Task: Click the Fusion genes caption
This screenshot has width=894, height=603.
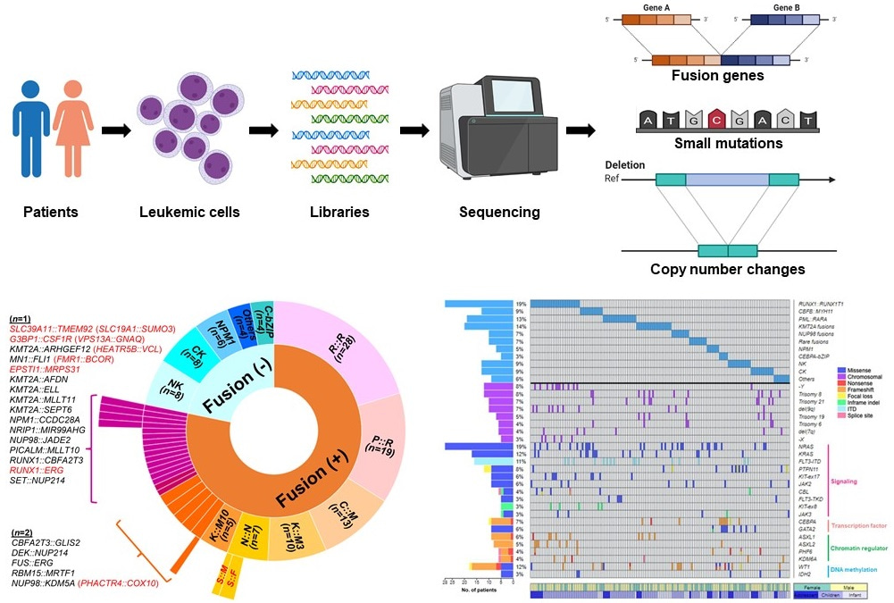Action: [x=718, y=76]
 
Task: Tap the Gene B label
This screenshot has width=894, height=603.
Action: [x=761, y=5]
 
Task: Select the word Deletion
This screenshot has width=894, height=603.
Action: [x=625, y=166]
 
